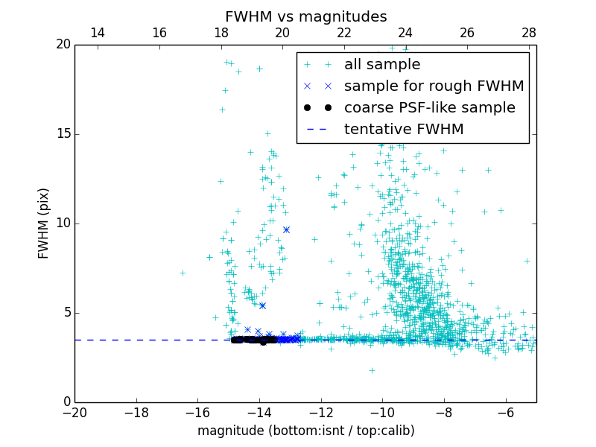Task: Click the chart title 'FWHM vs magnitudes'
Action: pyautogui.click(x=305, y=16)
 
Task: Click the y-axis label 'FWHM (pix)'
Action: pyautogui.click(x=44, y=223)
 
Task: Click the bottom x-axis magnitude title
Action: pyautogui.click(x=305, y=431)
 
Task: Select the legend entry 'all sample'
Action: pyautogui.click(x=382, y=65)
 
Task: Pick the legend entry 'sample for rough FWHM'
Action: pyautogui.click(x=434, y=86)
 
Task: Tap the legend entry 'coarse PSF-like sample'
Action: pyautogui.click(x=429, y=108)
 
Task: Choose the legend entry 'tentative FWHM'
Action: pyautogui.click(x=404, y=130)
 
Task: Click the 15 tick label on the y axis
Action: pyautogui.click(x=63, y=134)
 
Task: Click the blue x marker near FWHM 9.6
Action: pyautogui.click(x=286, y=230)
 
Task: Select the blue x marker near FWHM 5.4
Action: pyautogui.click(x=262, y=305)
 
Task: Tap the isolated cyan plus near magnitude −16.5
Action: pyautogui.click(x=183, y=273)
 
